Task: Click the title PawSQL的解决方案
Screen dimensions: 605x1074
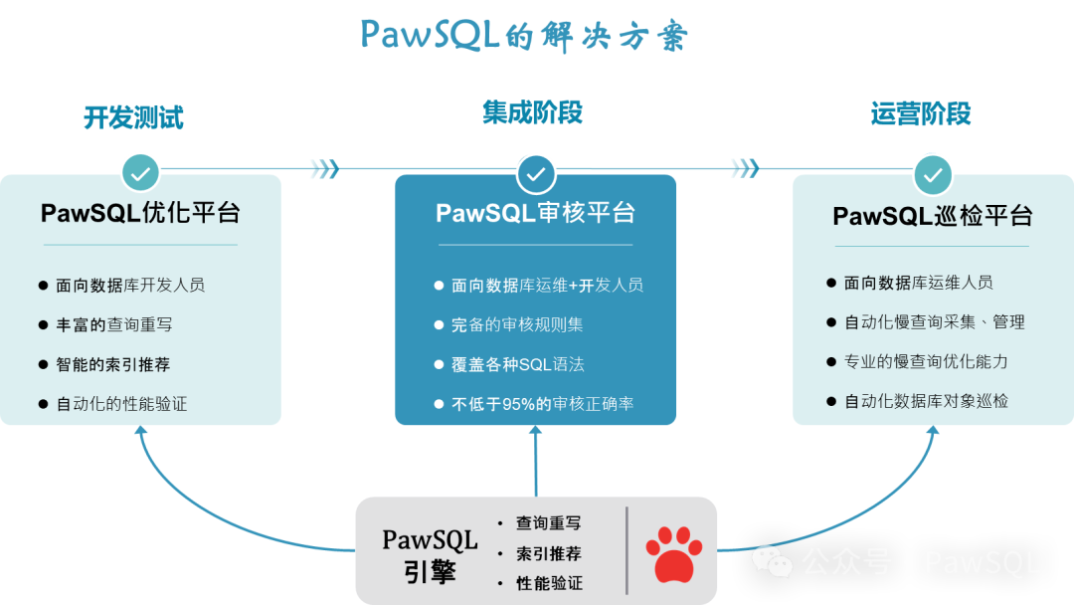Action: coord(524,36)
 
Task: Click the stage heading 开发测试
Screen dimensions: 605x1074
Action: coord(133,117)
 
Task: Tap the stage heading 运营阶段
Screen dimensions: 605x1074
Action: coord(921,114)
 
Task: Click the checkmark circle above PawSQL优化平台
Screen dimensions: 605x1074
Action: coord(141,173)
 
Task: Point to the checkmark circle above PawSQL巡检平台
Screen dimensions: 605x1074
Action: coord(933,175)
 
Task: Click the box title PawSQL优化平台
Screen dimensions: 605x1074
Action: coord(140,213)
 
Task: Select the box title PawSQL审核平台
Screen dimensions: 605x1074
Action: coord(536,213)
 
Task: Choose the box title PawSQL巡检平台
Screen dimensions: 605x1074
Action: coord(933,215)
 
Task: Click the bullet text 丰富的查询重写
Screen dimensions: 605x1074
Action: coord(114,324)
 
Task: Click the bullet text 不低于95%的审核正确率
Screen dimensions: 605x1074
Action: coord(543,404)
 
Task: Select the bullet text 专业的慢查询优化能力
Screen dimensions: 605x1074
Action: coord(926,361)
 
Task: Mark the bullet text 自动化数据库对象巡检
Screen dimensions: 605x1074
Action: coord(926,401)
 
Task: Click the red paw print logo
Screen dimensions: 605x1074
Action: coord(673,553)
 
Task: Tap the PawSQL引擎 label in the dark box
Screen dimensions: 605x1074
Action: coord(430,555)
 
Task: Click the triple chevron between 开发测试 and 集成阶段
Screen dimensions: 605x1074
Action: coord(324,169)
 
